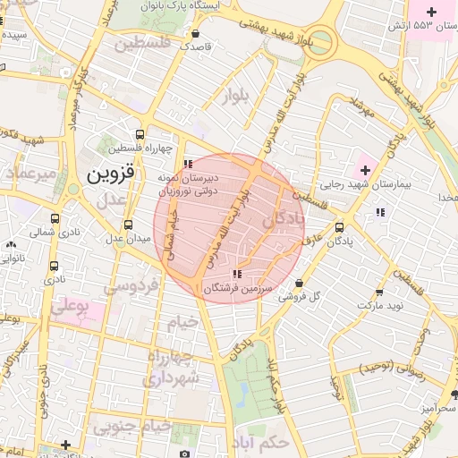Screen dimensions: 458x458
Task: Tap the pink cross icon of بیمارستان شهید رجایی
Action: pos(365,170)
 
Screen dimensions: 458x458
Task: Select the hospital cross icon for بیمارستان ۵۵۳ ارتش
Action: pos(433,12)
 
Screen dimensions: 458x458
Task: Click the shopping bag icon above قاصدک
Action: pos(195,33)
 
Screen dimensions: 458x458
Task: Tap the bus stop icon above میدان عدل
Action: pos(129,225)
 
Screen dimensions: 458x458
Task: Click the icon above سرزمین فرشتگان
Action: pos(235,275)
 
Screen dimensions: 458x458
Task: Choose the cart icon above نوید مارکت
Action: pos(379,292)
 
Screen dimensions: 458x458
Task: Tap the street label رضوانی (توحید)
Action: pos(394,368)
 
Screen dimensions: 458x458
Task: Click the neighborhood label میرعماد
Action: pos(30,171)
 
